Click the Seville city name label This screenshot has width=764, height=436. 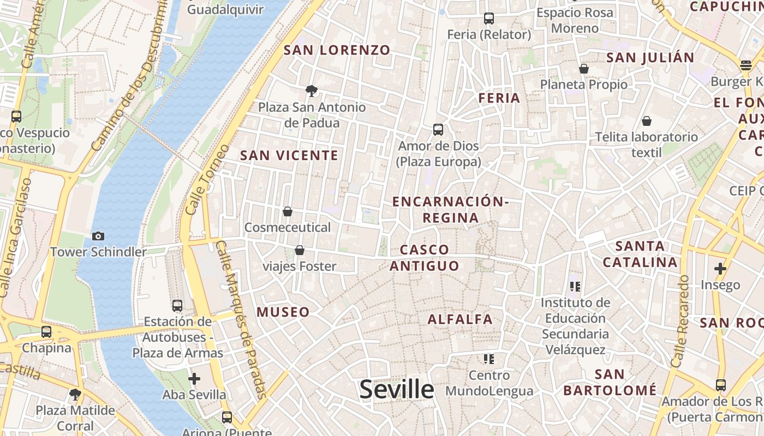pos(397,390)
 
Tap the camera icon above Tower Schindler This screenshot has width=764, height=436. pos(98,236)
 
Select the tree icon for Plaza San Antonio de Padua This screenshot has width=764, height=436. pos(312,90)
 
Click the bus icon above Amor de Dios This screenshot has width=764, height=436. pos(438,130)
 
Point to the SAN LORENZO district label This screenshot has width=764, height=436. pos(337,50)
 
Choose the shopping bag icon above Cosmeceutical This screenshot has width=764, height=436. pos(288,211)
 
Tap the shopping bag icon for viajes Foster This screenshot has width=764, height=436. pos(299,251)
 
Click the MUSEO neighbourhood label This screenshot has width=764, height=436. pos(283,312)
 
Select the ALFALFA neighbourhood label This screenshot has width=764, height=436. pos(460,319)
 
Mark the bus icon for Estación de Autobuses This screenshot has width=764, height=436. pos(177,306)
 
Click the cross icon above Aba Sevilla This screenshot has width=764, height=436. pos(194,379)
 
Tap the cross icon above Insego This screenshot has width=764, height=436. pos(720,269)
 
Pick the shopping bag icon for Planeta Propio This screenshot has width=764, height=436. pos(584,69)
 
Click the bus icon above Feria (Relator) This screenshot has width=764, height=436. pos(489,19)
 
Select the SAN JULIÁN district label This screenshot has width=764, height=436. pos(650,57)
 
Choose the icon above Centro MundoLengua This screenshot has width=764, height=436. pos(489,359)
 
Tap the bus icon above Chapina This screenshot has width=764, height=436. pos(46,332)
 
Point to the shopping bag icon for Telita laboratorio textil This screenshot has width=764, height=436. pos(647,121)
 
